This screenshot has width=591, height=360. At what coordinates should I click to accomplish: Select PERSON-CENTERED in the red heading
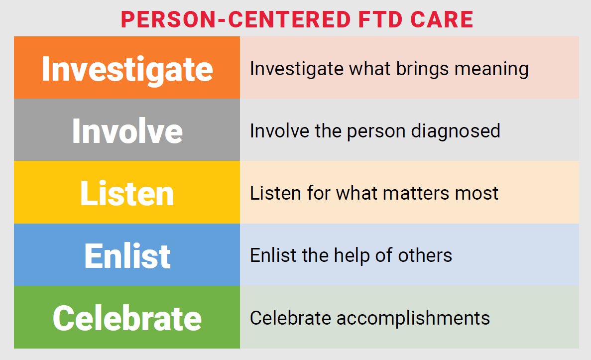click(235, 19)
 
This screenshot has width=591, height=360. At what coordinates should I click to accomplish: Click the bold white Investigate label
click(127, 69)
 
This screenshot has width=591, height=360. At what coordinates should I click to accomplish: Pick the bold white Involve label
click(127, 131)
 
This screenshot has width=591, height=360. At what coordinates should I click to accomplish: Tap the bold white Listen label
click(127, 193)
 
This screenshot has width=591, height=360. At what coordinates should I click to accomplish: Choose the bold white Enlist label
click(127, 255)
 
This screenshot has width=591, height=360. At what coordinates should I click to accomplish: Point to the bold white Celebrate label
click(127, 318)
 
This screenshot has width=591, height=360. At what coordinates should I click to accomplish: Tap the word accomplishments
click(413, 318)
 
